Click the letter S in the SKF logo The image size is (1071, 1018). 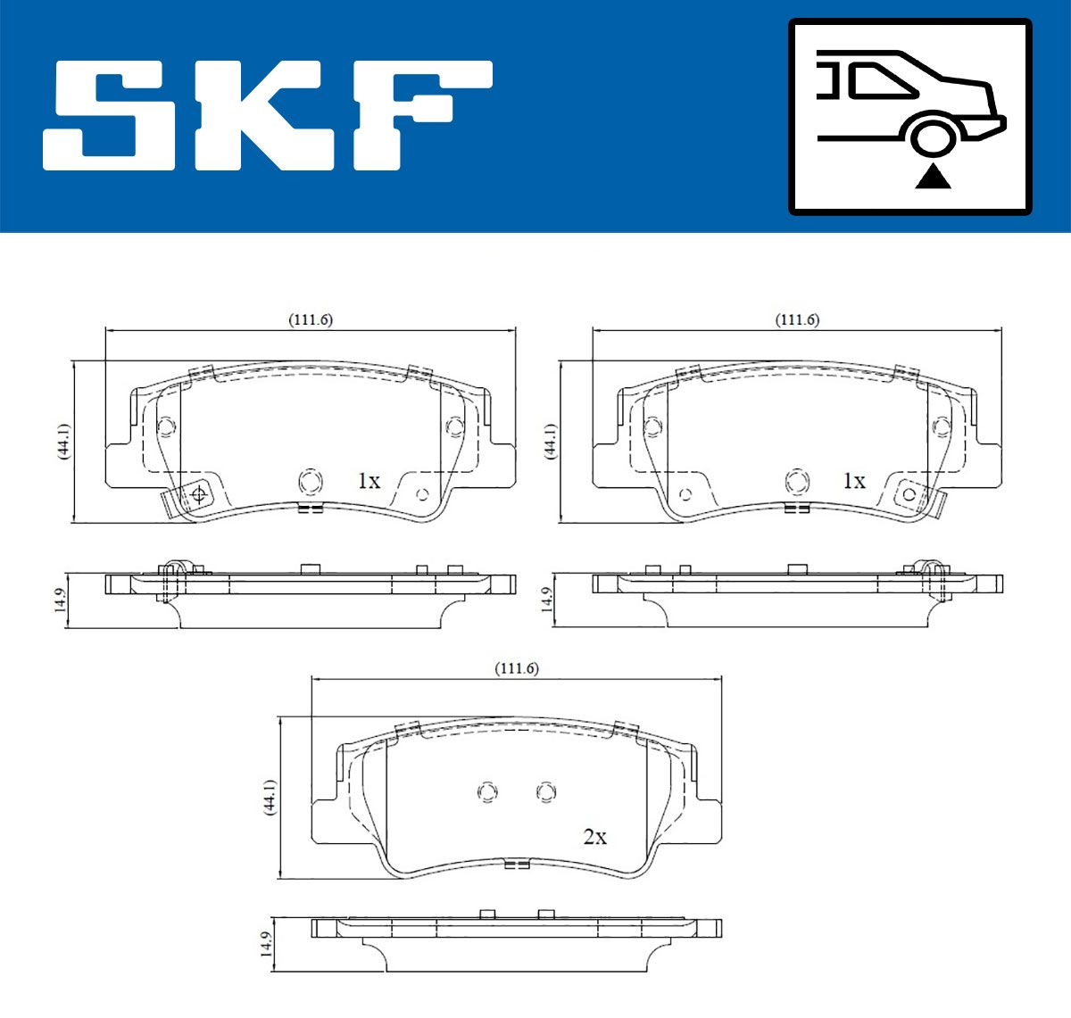pos(109,115)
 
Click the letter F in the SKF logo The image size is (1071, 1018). pos(422,115)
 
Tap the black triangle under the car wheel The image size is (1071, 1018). pos(933,178)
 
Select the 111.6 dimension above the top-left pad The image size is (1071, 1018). pos(311,319)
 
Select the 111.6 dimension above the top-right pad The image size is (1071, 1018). pos(797,319)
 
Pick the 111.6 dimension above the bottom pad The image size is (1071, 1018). pos(517,668)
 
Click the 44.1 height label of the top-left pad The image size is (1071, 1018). pos(63,442)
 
